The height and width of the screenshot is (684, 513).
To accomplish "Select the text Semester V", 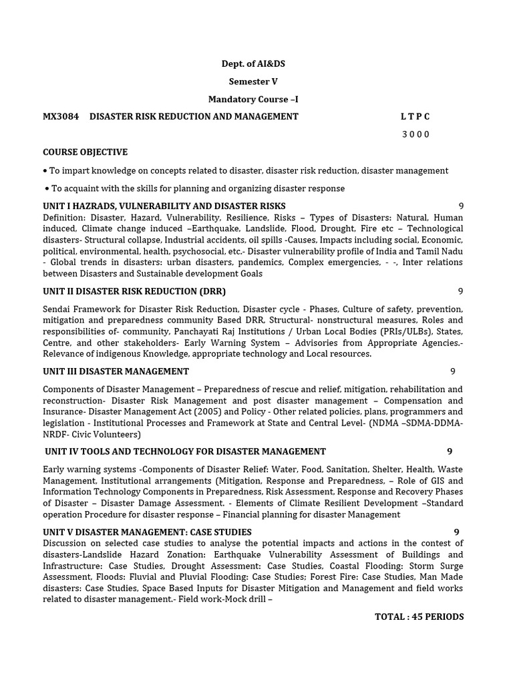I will click(x=253, y=81).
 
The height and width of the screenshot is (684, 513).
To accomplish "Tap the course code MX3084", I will click(x=61, y=116).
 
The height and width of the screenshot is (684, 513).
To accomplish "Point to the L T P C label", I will click(x=415, y=116).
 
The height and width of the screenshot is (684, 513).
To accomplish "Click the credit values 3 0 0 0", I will click(x=415, y=134).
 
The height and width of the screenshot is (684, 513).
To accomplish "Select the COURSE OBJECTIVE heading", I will click(x=85, y=152).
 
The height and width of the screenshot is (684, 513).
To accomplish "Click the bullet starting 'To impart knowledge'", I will click(x=246, y=170).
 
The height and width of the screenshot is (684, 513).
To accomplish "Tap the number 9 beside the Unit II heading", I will click(x=460, y=291).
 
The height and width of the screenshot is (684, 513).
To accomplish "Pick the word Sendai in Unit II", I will click(x=58, y=309).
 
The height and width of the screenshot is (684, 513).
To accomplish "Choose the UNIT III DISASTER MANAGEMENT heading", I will click(x=116, y=371).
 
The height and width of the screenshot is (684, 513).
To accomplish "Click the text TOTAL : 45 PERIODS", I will click(x=419, y=617).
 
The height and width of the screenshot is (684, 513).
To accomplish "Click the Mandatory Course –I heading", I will click(x=253, y=100).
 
